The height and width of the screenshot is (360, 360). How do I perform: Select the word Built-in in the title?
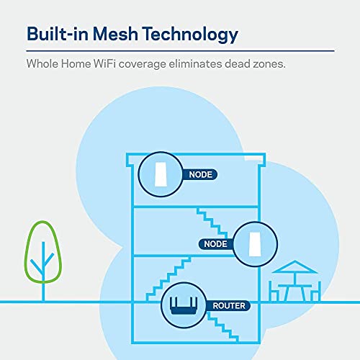(x=57, y=35)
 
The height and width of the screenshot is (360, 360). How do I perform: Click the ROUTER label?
(x=228, y=306)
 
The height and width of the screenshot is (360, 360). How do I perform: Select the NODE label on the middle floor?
(x=215, y=244)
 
